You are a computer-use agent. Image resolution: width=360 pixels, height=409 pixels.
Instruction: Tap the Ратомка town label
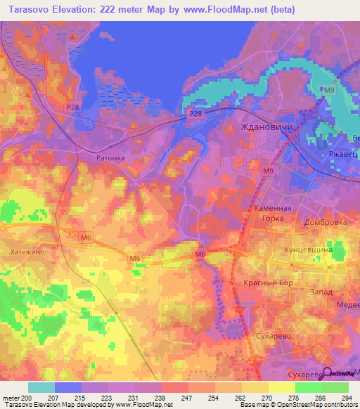(110, 158)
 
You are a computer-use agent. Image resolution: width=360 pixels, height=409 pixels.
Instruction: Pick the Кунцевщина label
(320, 249)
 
